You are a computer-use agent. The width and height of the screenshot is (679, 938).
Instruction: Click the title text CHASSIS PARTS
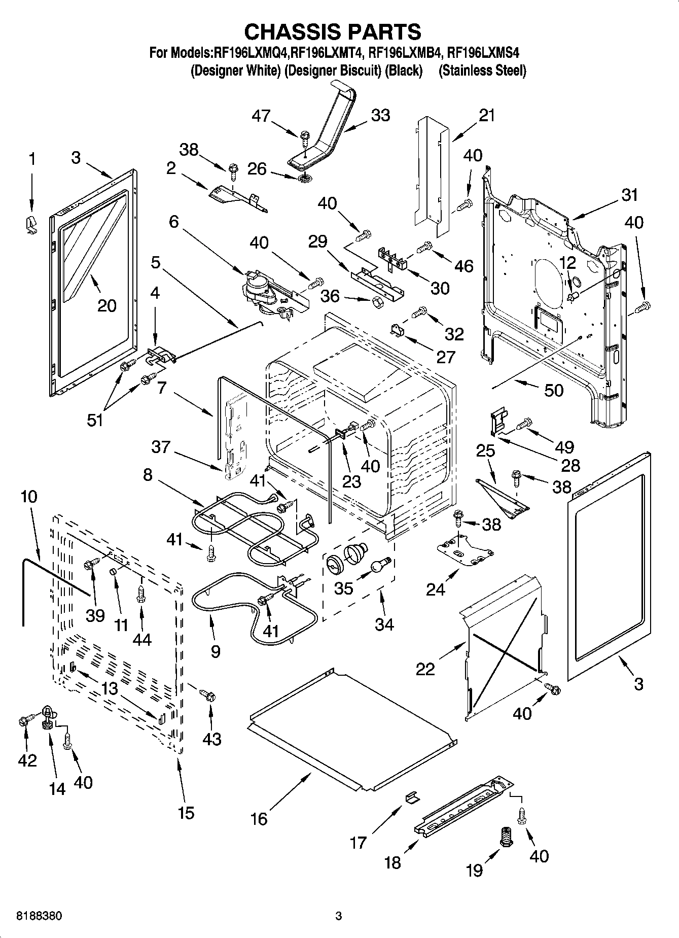click(333, 31)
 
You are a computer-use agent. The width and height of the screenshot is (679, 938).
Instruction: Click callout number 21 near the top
click(486, 116)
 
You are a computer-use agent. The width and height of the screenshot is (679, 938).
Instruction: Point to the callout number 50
click(553, 390)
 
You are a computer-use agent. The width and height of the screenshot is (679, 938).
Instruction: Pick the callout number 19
click(474, 870)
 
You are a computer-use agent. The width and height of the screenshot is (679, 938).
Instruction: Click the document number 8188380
click(40, 916)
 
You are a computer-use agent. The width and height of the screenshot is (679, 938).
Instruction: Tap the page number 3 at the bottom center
click(339, 916)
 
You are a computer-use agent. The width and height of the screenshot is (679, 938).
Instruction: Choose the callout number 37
click(161, 447)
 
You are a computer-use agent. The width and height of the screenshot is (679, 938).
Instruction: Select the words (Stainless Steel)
click(482, 71)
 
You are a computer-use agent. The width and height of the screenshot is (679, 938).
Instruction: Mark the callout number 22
click(425, 669)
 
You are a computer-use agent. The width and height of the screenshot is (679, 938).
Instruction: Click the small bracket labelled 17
click(412, 798)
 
